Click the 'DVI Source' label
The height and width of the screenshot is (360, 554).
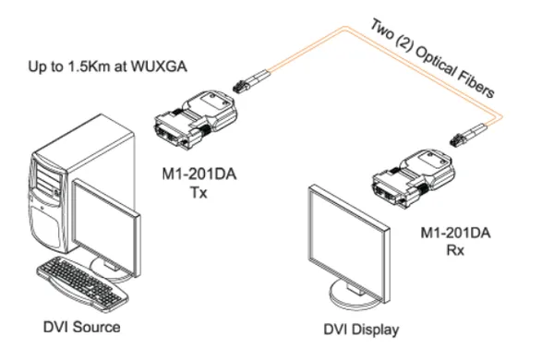tap(80, 327)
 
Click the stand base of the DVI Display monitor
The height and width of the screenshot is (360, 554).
tap(349, 301)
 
